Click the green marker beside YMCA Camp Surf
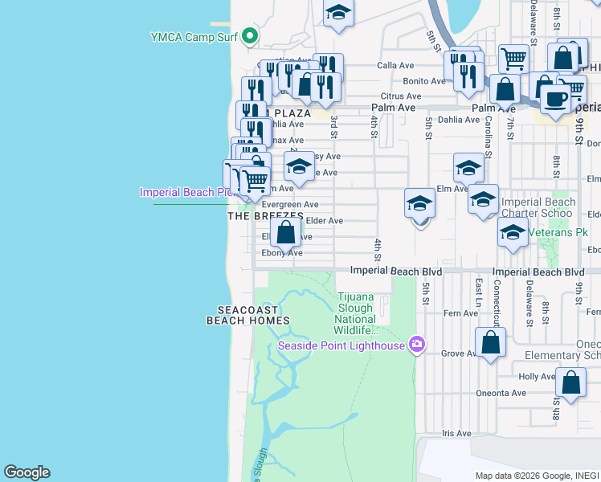[x=251, y=36]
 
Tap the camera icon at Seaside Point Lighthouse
[x=416, y=345]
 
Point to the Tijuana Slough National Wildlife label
[x=356, y=313]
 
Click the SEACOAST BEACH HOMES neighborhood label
[x=247, y=315]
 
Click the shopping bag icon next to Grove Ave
[x=490, y=343]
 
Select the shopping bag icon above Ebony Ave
[x=285, y=233]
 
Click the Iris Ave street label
[x=456, y=433]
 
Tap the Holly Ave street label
[x=537, y=376]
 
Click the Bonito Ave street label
[x=423, y=81]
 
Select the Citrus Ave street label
[x=401, y=96]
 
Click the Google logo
[x=27, y=472]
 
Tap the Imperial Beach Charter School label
[x=538, y=207]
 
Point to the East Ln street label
[x=478, y=293]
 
